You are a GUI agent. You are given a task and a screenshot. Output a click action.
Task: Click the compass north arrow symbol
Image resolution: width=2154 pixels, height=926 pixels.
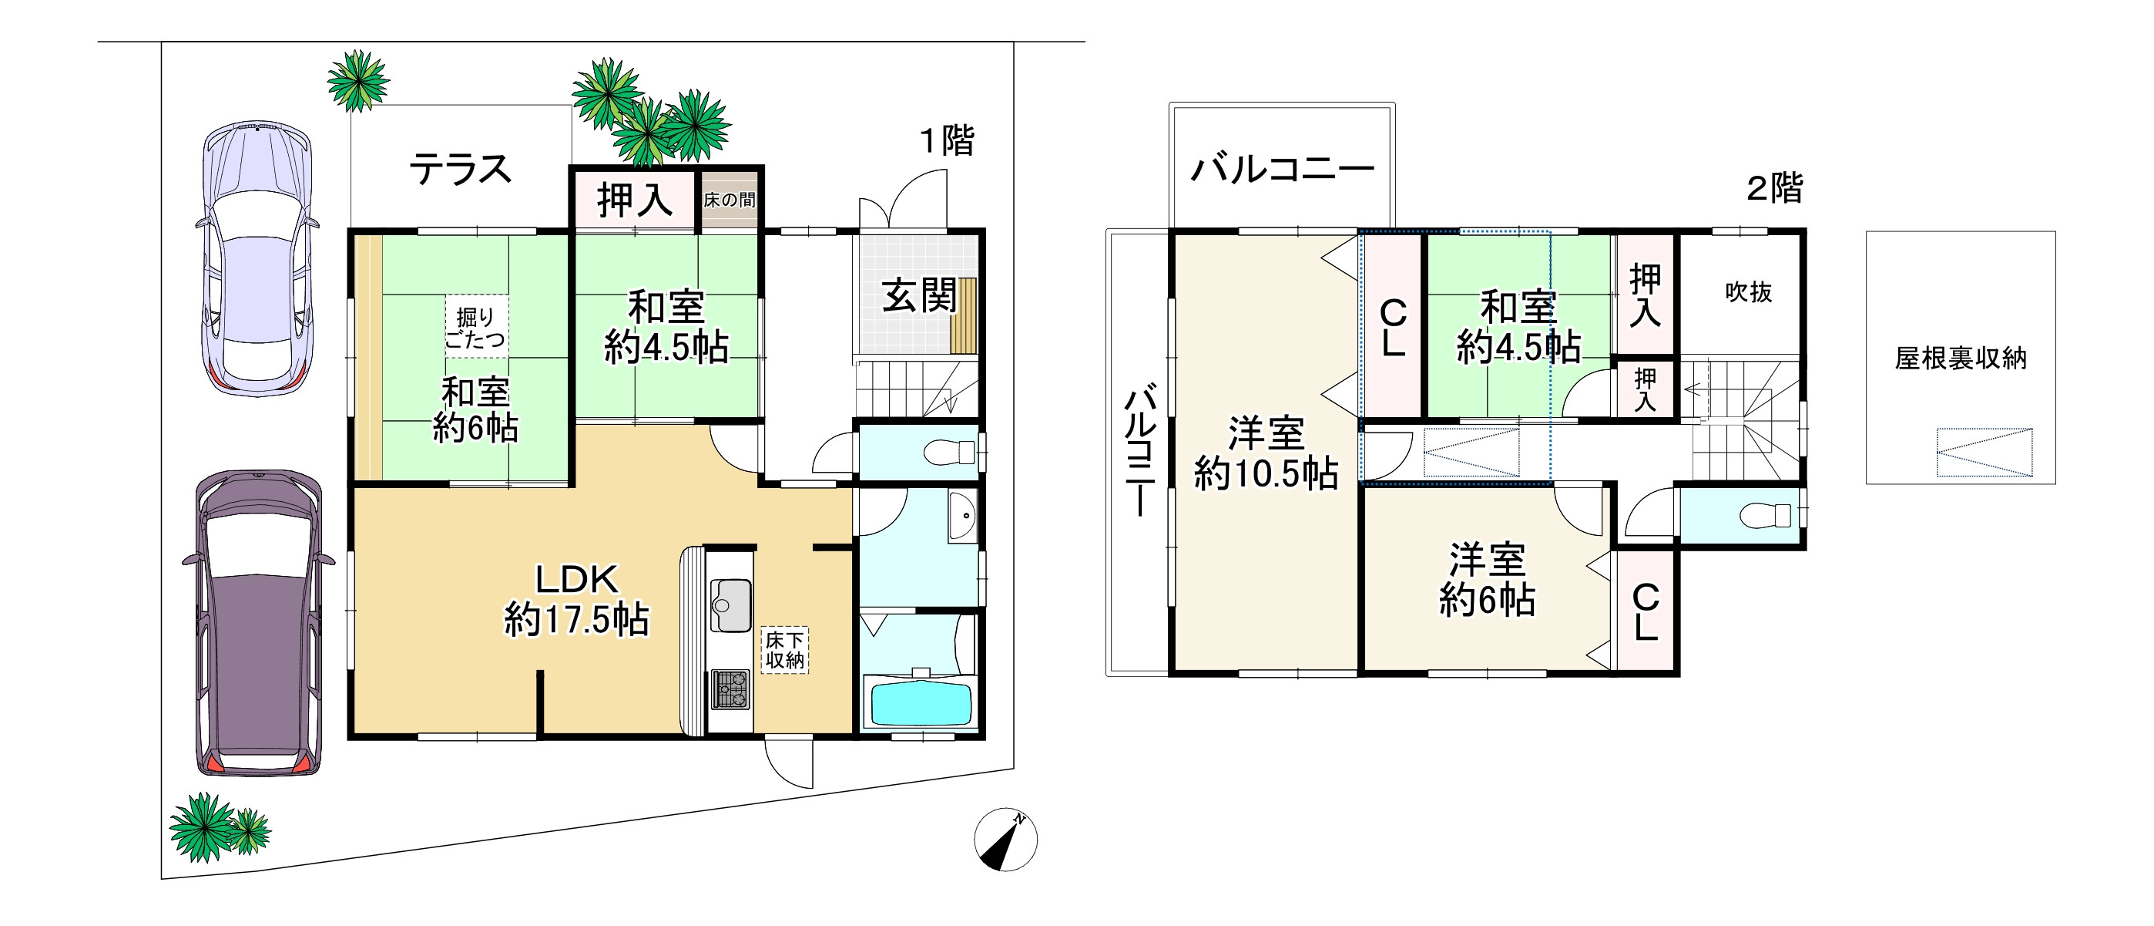[1005, 839]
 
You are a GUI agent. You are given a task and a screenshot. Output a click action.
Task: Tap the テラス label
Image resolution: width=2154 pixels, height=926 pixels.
[460, 170]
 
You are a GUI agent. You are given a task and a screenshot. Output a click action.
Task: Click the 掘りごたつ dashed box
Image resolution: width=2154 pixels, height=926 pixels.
[476, 327]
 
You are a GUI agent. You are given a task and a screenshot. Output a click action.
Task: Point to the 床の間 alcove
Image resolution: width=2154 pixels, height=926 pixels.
[729, 200]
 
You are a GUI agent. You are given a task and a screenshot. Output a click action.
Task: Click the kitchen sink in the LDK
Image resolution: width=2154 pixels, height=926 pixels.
[730, 604]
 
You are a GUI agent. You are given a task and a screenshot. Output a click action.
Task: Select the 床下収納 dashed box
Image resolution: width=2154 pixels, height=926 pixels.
[784, 651]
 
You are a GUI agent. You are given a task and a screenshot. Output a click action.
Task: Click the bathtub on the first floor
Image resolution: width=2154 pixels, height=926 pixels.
[921, 703]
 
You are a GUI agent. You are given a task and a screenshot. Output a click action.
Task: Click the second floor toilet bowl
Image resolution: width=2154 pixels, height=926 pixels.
[1766, 515]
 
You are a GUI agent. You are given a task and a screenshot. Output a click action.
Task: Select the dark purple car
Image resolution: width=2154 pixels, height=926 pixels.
[257, 622]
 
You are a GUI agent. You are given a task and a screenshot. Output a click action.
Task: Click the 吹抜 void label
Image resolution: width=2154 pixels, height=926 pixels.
[1749, 292]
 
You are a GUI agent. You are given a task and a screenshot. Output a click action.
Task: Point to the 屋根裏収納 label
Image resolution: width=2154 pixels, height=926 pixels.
[1960, 358]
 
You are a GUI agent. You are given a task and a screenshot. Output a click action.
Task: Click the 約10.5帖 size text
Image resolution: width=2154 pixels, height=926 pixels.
[1265, 474]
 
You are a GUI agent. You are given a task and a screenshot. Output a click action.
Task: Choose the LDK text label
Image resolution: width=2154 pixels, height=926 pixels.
[576, 579]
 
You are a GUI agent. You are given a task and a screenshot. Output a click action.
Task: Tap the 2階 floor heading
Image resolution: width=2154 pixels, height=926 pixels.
[1774, 187]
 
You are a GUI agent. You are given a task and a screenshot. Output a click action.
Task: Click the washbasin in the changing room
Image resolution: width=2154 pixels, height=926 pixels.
[962, 516]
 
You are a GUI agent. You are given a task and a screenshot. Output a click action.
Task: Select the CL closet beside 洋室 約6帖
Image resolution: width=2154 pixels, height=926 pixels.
[1645, 612]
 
